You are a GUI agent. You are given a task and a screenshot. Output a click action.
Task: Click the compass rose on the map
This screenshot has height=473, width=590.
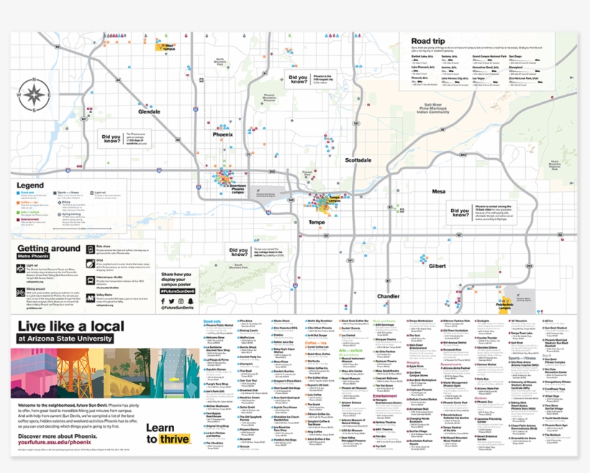pyautogui.click(x=33, y=95)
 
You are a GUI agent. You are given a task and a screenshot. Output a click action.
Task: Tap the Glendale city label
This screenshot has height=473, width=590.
pyautogui.click(x=149, y=112)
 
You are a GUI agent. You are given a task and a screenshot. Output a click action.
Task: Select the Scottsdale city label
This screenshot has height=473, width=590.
pyautogui.click(x=358, y=160)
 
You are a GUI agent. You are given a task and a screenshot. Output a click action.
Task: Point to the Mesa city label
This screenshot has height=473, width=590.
pyautogui.click(x=438, y=192)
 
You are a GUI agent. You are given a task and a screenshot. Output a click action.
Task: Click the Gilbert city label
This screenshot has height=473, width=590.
pyautogui.click(x=437, y=265)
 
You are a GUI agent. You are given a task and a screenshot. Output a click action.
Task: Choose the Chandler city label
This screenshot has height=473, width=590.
pyautogui.click(x=388, y=296)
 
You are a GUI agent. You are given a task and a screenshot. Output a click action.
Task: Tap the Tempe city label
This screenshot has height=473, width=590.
pyautogui.click(x=316, y=222)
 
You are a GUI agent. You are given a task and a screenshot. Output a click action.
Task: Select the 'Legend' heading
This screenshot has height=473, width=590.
pyautogui.click(x=29, y=185)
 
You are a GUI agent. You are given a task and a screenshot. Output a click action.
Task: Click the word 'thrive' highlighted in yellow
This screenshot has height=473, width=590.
pyautogui.click(x=175, y=439)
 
